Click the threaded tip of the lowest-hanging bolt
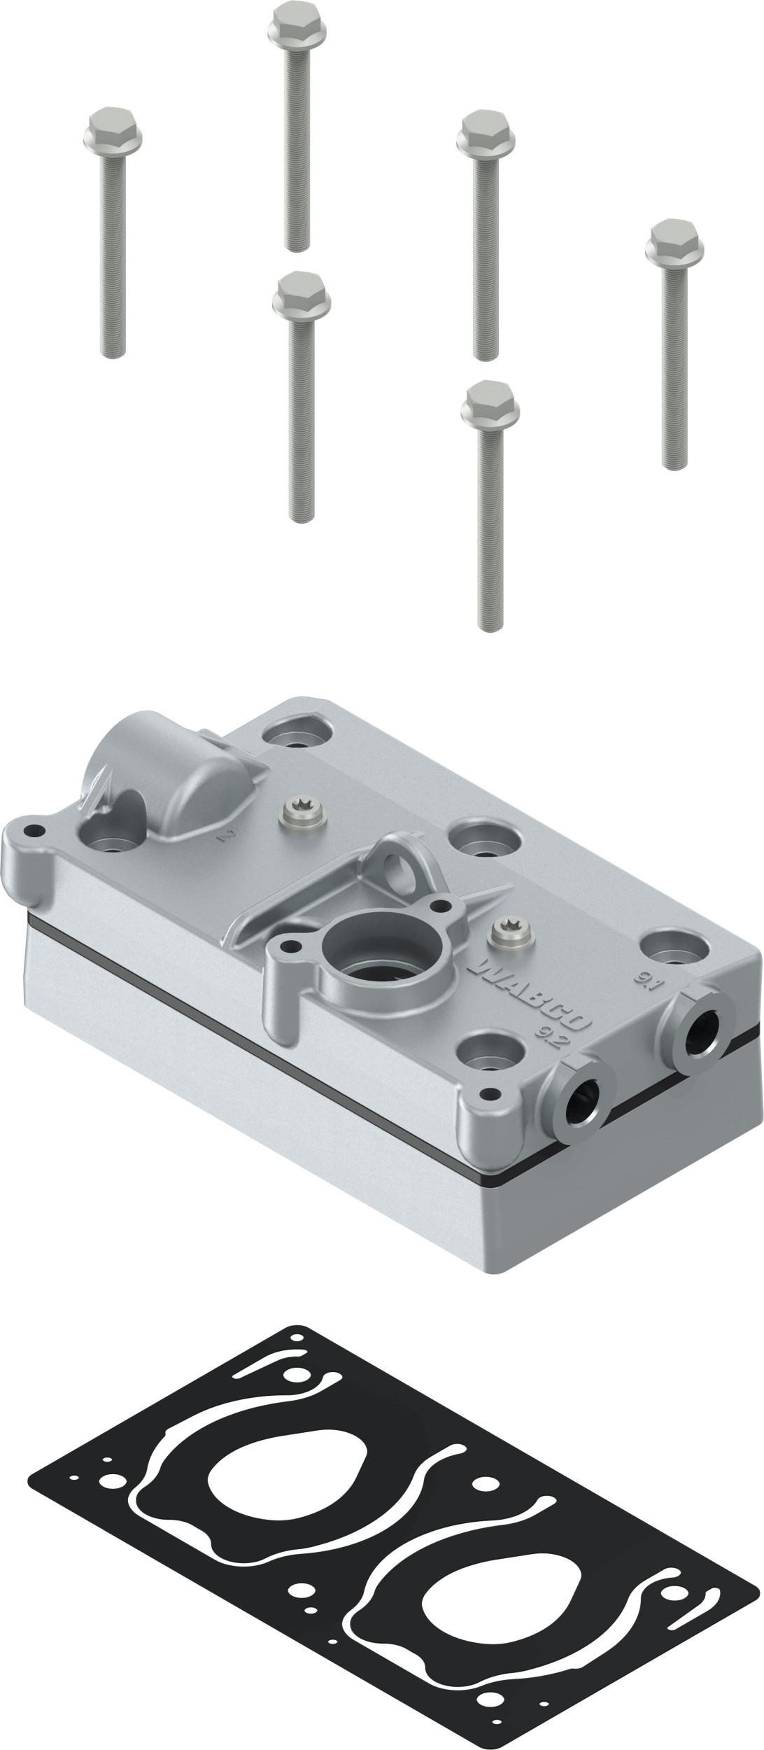click(x=490, y=622)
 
